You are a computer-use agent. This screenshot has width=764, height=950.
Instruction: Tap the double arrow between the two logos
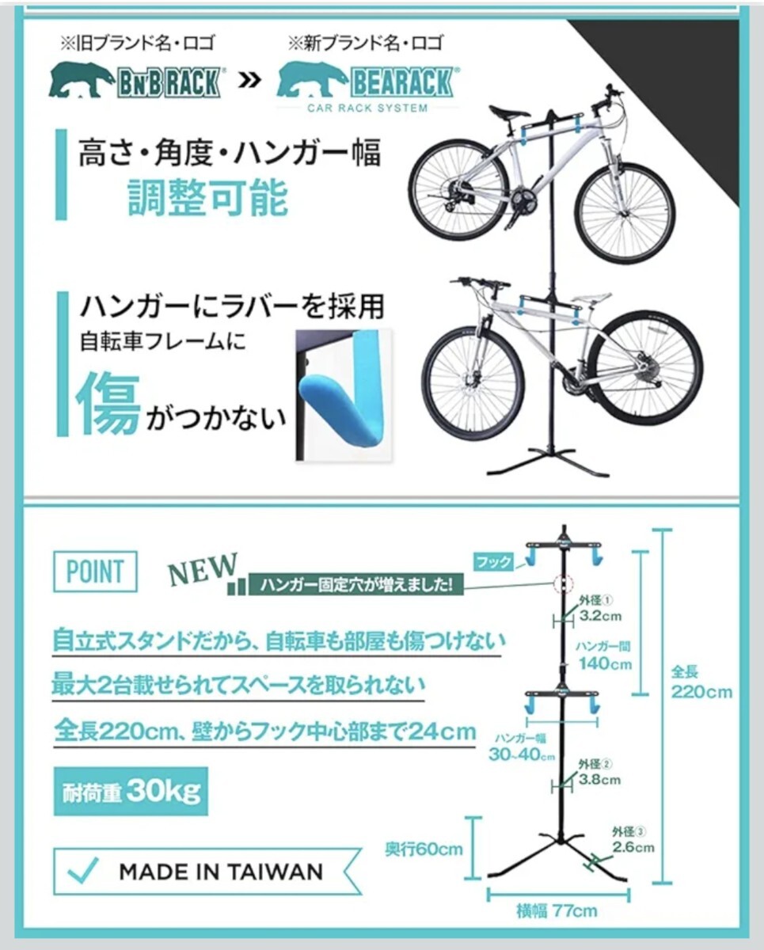click(249, 80)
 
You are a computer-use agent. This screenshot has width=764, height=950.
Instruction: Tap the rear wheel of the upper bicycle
click(458, 189)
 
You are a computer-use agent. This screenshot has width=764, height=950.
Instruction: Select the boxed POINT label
click(95, 571)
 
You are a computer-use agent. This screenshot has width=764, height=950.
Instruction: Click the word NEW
click(203, 568)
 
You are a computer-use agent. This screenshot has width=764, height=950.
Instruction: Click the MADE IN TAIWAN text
click(221, 872)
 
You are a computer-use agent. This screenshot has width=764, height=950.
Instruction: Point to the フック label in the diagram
click(492, 563)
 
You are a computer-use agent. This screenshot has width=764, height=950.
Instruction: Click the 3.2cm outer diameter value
click(598, 614)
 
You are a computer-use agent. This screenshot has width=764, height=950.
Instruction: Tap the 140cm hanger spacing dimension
click(605, 663)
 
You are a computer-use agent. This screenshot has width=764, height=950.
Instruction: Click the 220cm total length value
click(701, 691)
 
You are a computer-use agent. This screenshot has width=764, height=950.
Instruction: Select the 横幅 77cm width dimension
click(565, 910)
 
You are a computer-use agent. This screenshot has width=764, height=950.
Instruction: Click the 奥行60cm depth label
click(424, 849)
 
